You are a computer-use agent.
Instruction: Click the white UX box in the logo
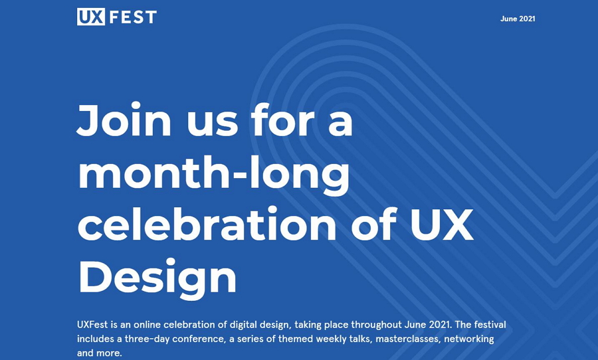(x=91, y=17)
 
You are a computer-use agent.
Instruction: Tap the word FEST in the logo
(x=133, y=17)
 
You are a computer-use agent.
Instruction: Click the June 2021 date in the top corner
(x=518, y=19)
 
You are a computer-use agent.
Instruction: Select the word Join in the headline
(x=124, y=120)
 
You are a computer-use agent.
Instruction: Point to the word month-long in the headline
(x=214, y=173)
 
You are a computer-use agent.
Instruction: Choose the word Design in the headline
(x=157, y=277)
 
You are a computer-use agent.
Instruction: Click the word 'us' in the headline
(x=212, y=124)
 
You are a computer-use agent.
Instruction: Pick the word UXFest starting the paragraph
(x=92, y=325)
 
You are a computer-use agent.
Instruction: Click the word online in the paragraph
(x=148, y=325)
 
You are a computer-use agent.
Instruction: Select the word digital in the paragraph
(x=243, y=325)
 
